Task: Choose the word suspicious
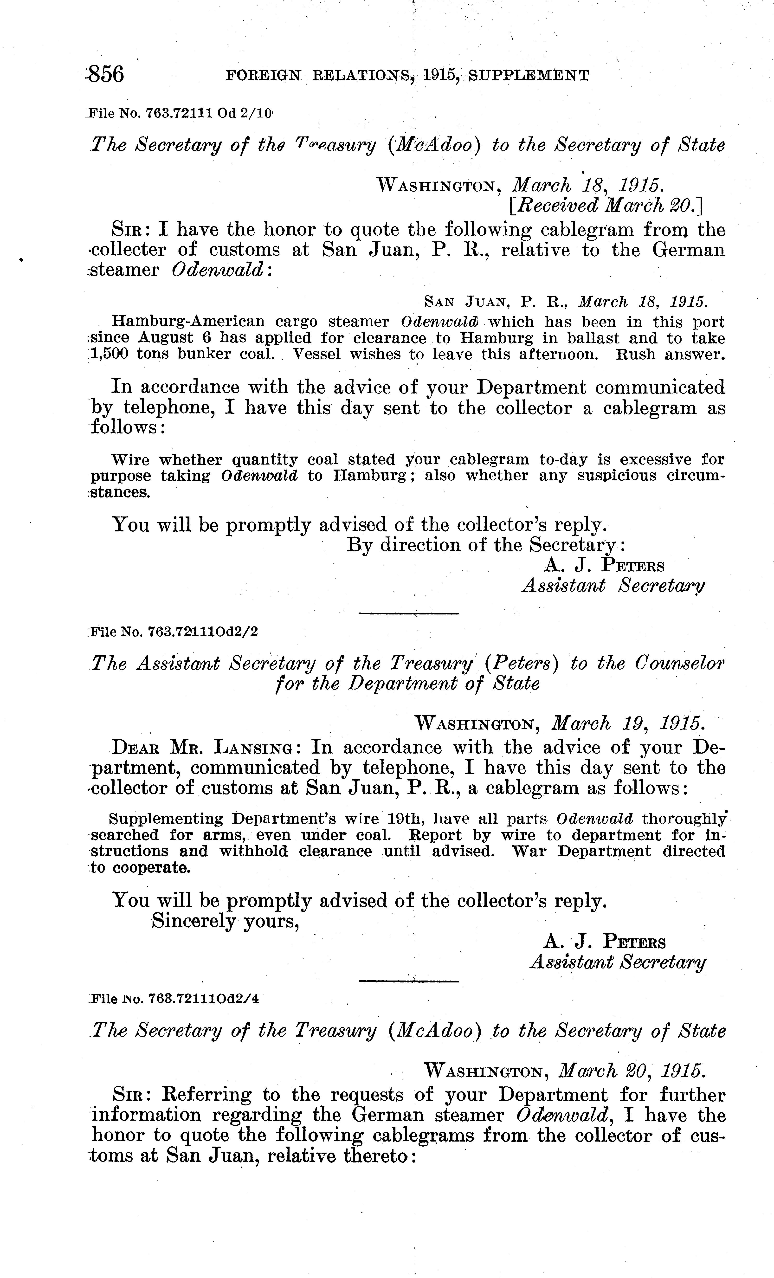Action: point(607,476)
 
